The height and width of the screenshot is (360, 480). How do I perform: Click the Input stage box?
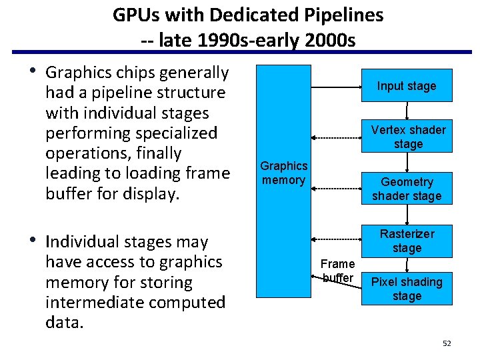(x=406, y=86)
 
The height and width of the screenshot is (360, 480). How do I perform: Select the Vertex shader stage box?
(x=408, y=137)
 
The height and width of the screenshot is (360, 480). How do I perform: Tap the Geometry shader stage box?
(x=407, y=189)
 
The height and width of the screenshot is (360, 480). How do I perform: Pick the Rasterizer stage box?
(x=407, y=241)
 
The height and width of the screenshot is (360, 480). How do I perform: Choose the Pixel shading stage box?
(x=407, y=289)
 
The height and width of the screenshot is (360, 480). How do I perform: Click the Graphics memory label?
(x=284, y=173)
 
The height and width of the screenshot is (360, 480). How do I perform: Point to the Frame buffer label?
(x=338, y=271)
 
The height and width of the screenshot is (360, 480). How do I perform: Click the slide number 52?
(x=447, y=343)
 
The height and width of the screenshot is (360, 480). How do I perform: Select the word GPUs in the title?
(x=136, y=15)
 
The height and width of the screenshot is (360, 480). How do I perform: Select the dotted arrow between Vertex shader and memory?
(x=336, y=137)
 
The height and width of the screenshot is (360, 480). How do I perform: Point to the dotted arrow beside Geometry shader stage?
(x=336, y=189)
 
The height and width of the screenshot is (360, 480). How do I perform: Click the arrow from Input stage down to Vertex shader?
(x=407, y=111)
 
